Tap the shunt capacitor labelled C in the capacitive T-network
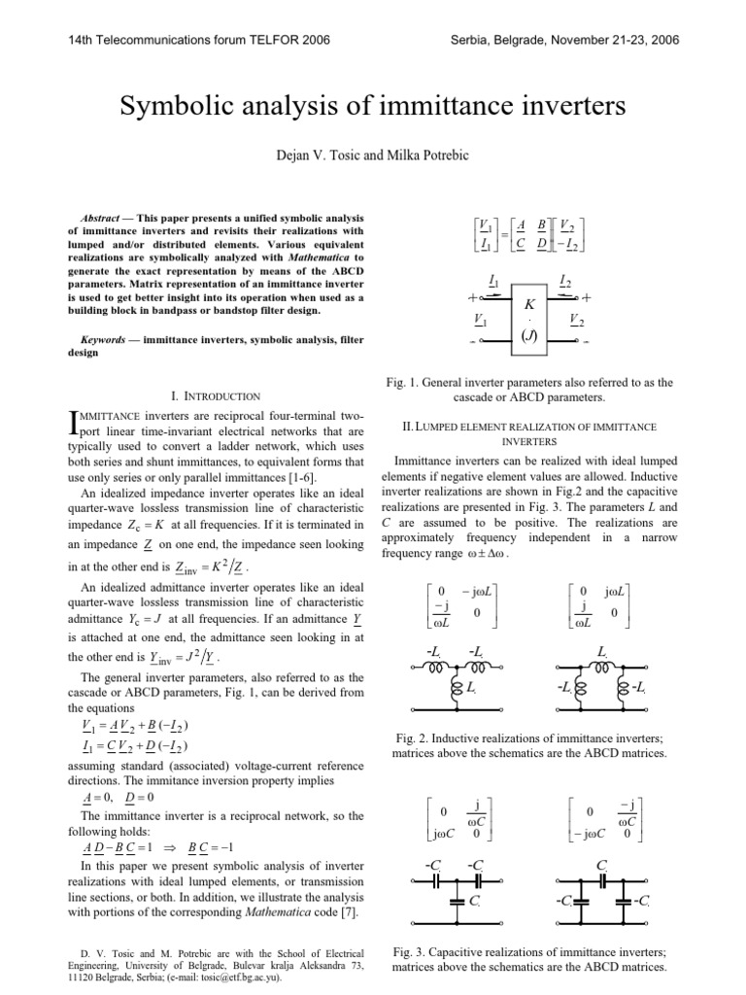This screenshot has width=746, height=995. point(458,901)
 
